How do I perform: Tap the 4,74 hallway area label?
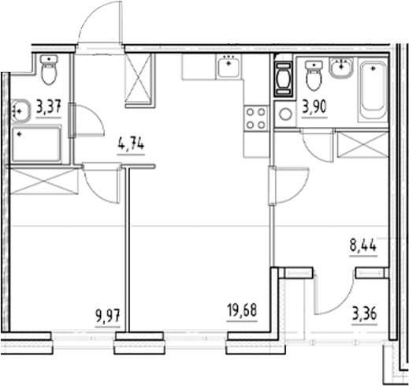132,145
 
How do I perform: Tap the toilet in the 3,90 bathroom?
313,77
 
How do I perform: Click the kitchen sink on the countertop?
228,67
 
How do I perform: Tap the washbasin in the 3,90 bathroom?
343,69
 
